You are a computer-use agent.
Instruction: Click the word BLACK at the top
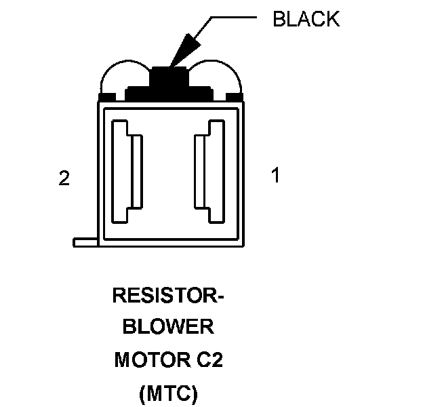tap(306, 19)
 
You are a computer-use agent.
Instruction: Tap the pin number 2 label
tap(64, 178)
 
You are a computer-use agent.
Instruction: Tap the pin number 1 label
tap(275, 176)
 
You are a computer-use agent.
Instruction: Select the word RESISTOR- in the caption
tap(168, 296)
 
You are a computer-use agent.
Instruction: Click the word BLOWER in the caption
tap(167, 328)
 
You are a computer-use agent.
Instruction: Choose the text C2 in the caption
tap(209, 360)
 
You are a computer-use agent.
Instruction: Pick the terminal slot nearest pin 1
tap(210, 172)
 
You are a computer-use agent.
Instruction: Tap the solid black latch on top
tap(169, 80)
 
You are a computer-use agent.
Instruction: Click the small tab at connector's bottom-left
tap(85, 242)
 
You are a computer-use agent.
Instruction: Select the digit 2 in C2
tap(216, 360)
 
